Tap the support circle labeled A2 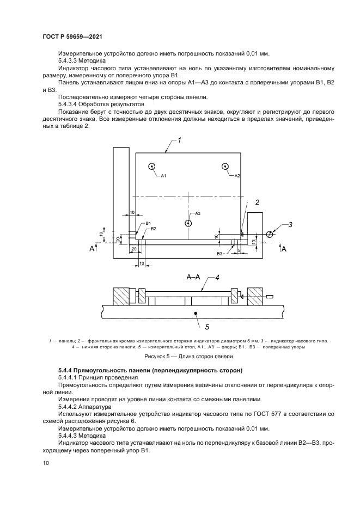coord(225,167)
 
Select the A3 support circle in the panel coord(188,223)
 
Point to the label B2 coord(153,229)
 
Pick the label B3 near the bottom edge coord(220,254)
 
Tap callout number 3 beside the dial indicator coord(290,224)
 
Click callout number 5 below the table coord(207,327)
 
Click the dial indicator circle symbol coord(270,234)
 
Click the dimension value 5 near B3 coord(239,250)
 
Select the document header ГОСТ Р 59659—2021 coord(72,36)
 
